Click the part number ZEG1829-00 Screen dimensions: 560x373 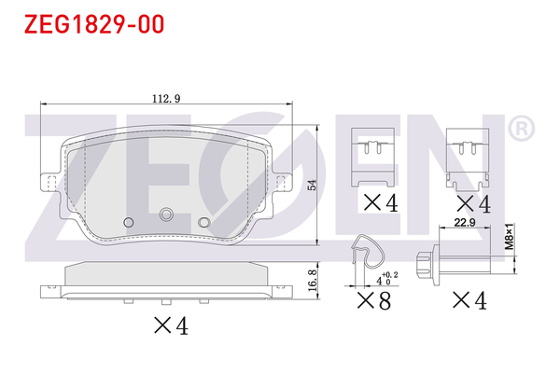click(x=94, y=24)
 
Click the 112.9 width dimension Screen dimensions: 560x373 click(x=166, y=99)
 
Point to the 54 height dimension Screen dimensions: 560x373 click(x=312, y=185)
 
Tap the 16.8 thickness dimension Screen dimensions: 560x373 click(x=312, y=280)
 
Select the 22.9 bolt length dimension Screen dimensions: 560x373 click(x=465, y=223)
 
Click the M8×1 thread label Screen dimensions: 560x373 click(x=510, y=236)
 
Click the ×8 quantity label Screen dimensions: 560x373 click(x=374, y=300)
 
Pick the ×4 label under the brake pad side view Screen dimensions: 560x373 click(x=171, y=325)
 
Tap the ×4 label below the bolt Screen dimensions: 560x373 click(x=469, y=300)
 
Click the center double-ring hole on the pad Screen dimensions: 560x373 click(x=166, y=214)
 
